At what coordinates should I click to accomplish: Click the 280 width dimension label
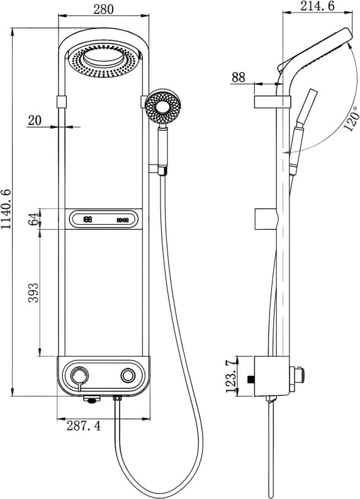tap(103, 9)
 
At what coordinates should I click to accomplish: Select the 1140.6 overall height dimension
tap(6, 209)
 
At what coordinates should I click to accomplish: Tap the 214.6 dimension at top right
tap(317, 6)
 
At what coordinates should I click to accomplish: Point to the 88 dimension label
tap(239, 77)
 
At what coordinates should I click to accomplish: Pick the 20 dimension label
tap(35, 120)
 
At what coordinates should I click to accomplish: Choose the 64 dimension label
tap(33, 218)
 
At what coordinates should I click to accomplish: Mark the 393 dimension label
tap(33, 293)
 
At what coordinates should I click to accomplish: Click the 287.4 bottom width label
tap(84, 425)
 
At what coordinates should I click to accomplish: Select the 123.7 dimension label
tap(232, 376)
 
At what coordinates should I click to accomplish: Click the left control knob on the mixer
tap(79, 376)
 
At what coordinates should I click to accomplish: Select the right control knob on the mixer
tap(128, 376)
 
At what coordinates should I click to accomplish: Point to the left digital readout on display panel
tap(87, 219)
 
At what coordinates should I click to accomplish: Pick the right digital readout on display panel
tap(123, 220)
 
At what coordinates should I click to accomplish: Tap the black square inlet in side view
tap(251, 379)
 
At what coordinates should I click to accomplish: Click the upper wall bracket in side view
tap(272, 101)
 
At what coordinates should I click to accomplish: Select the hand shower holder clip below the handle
tap(157, 169)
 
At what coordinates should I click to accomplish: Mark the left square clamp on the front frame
tap(62, 101)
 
